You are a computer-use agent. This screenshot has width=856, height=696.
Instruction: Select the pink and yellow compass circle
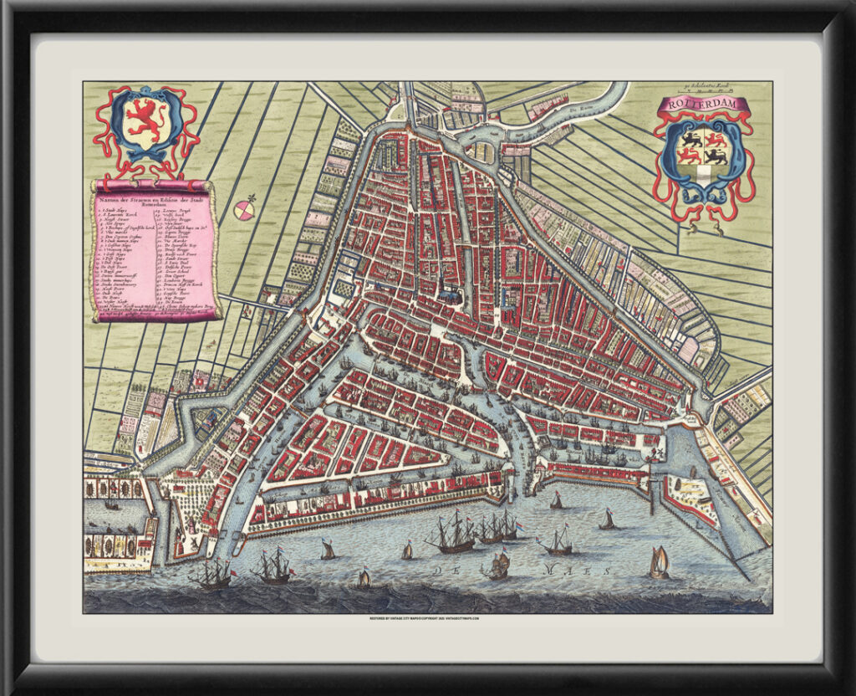coord(245,210)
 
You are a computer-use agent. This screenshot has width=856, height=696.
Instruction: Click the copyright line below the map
coord(427,619)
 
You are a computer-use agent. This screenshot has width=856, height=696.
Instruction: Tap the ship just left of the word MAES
coord(499,566)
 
